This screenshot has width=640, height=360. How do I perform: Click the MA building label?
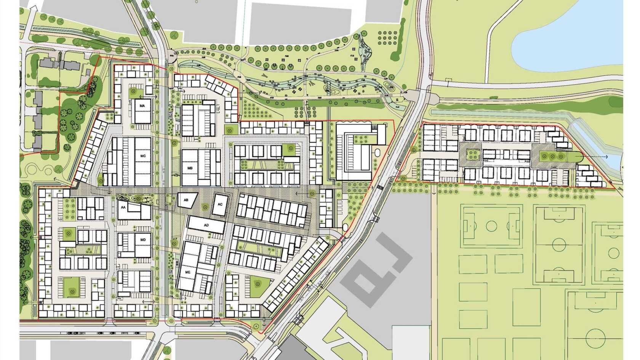click(x=142, y=106)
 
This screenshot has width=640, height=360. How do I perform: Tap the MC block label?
click(x=143, y=156)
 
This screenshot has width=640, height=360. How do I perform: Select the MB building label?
click(x=190, y=168)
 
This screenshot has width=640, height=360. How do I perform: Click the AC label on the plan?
click(x=220, y=204)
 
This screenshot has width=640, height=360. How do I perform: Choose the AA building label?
click(x=123, y=208)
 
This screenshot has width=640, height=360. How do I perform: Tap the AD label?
click(x=206, y=225)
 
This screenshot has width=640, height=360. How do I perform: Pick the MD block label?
click(x=143, y=240)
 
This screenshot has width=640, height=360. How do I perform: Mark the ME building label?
click(x=187, y=272)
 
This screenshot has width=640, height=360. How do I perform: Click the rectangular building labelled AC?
click(x=220, y=206)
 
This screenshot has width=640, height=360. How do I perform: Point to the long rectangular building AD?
click(x=206, y=225)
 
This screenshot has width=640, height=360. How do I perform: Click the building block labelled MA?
click(x=142, y=110)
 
